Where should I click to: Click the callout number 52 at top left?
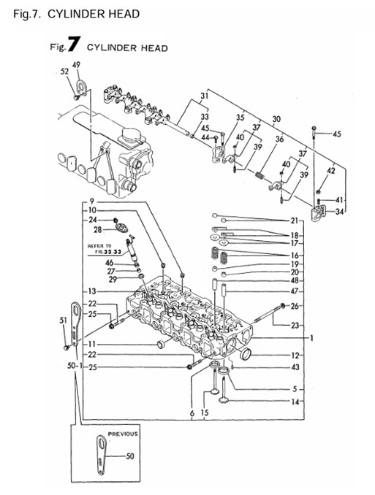pos(64,72)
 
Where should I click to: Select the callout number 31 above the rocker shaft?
pos(205,96)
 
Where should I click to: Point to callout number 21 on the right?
pos(294,220)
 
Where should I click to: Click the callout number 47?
pos(295,292)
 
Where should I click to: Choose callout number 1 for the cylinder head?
pos(311,338)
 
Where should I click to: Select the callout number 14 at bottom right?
pos(295,402)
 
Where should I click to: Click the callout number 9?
pos(93,201)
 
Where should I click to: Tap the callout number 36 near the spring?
pos(279,139)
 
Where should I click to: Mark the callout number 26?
pos(295,305)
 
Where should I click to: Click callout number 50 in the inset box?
pos(131,456)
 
